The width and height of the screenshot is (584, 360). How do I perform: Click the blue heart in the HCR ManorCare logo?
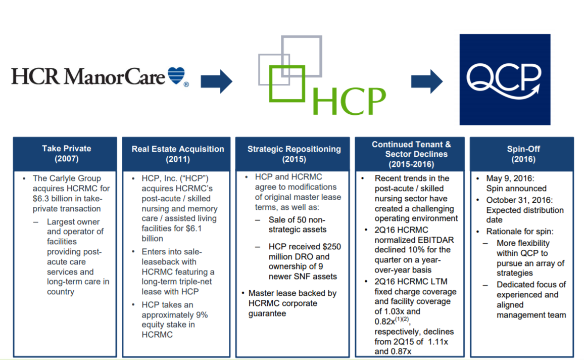pyautogui.click(x=176, y=75)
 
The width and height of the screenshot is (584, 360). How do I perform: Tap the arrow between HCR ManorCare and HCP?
pyautogui.click(x=216, y=81)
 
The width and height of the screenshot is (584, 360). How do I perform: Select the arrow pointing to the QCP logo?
pyautogui.click(x=427, y=81)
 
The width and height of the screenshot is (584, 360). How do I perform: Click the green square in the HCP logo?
pyautogui.click(x=287, y=83)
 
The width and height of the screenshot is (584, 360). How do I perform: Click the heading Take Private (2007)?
pyautogui.click(x=66, y=154)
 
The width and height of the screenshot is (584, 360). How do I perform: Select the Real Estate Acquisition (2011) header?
pyautogui.click(x=178, y=154)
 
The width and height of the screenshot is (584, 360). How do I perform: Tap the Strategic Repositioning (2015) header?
pyautogui.click(x=294, y=154)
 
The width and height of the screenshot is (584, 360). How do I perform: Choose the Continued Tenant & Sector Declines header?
pyautogui.click(x=411, y=154)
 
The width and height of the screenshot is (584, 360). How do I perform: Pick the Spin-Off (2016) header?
pyautogui.click(x=523, y=154)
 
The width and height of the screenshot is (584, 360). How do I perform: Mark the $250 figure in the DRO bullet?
pyautogui.click(x=331, y=247)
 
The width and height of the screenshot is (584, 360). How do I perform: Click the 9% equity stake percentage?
pyautogui.click(x=202, y=315)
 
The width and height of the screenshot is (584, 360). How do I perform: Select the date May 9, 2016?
pyautogui.click(x=510, y=178)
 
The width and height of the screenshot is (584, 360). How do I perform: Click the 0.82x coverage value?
pyautogui.click(x=385, y=322)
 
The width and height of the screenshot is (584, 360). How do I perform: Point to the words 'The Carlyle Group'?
pyautogui.click(x=67, y=178)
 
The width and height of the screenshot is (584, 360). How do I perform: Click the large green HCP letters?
pyautogui.click(x=349, y=101)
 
